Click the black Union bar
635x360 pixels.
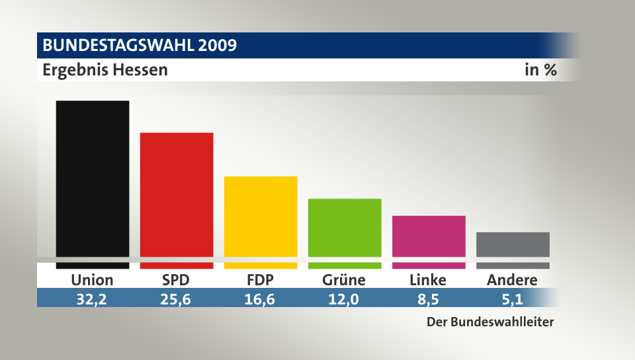(x=92, y=179)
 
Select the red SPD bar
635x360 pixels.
(x=176, y=195)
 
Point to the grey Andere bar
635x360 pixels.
(x=513, y=244)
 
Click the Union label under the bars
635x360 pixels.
(x=92, y=280)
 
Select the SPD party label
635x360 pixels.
(x=176, y=280)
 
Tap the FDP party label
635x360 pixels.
(x=261, y=280)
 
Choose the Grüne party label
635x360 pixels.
(x=344, y=280)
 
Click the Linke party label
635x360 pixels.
(x=428, y=280)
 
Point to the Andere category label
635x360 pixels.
(x=512, y=280)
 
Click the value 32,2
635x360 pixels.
(x=92, y=298)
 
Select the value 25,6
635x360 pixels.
(x=176, y=298)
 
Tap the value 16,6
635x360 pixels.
(x=261, y=298)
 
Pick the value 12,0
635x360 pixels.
(x=344, y=298)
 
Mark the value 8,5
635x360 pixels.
(x=428, y=298)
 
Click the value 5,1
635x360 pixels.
(x=512, y=298)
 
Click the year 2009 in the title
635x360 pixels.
(x=216, y=46)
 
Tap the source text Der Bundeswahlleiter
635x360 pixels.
(x=489, y=323)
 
